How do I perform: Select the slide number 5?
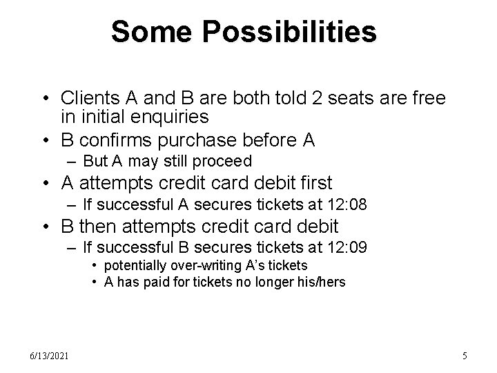point(465,356)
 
